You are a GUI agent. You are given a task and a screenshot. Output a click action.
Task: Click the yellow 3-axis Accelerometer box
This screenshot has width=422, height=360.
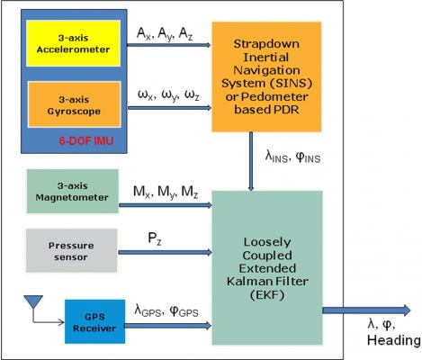pos(74,43)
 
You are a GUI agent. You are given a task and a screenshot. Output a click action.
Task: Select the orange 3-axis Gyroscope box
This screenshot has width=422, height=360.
pos(75,104)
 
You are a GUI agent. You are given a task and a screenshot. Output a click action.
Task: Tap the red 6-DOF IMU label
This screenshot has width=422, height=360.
pos(86,140)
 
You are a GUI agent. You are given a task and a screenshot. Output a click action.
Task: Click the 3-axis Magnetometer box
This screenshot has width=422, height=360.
pos(73,192)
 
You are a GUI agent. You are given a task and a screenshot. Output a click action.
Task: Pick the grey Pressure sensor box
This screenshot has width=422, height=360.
pos(71,251)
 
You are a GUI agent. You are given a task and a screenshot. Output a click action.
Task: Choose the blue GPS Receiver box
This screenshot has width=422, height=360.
pos(94,321)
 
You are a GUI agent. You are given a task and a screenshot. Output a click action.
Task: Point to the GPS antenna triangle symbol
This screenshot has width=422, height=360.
pos(33,301)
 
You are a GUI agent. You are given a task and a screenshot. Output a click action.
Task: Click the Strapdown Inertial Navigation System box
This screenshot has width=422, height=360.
pos(266,76)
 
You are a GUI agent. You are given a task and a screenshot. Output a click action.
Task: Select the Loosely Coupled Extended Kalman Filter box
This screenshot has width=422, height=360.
pos(267,268)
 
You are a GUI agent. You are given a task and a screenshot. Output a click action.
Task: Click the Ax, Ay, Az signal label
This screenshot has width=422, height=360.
pos(165,33)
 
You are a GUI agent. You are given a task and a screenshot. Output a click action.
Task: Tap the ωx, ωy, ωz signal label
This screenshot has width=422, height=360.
pos(168,95)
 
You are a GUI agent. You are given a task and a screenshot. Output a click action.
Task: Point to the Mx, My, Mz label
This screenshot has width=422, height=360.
pos(166,192)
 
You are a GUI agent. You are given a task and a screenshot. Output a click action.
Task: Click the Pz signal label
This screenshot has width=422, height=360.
pos(155,238)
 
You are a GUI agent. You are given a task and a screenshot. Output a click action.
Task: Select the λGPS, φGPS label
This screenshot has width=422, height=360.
pos(166,310)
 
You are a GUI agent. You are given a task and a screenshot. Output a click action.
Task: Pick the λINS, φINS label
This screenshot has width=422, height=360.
pos(292,157)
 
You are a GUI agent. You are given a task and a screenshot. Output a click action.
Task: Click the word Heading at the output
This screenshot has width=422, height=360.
pos(394,340)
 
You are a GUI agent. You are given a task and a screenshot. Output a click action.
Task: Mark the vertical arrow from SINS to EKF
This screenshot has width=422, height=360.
pos(251,161)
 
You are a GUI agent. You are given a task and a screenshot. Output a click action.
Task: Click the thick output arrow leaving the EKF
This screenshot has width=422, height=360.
pos(366,310)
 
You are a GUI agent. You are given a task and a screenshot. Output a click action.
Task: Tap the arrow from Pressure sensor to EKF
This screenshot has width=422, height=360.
pos(165,252)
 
